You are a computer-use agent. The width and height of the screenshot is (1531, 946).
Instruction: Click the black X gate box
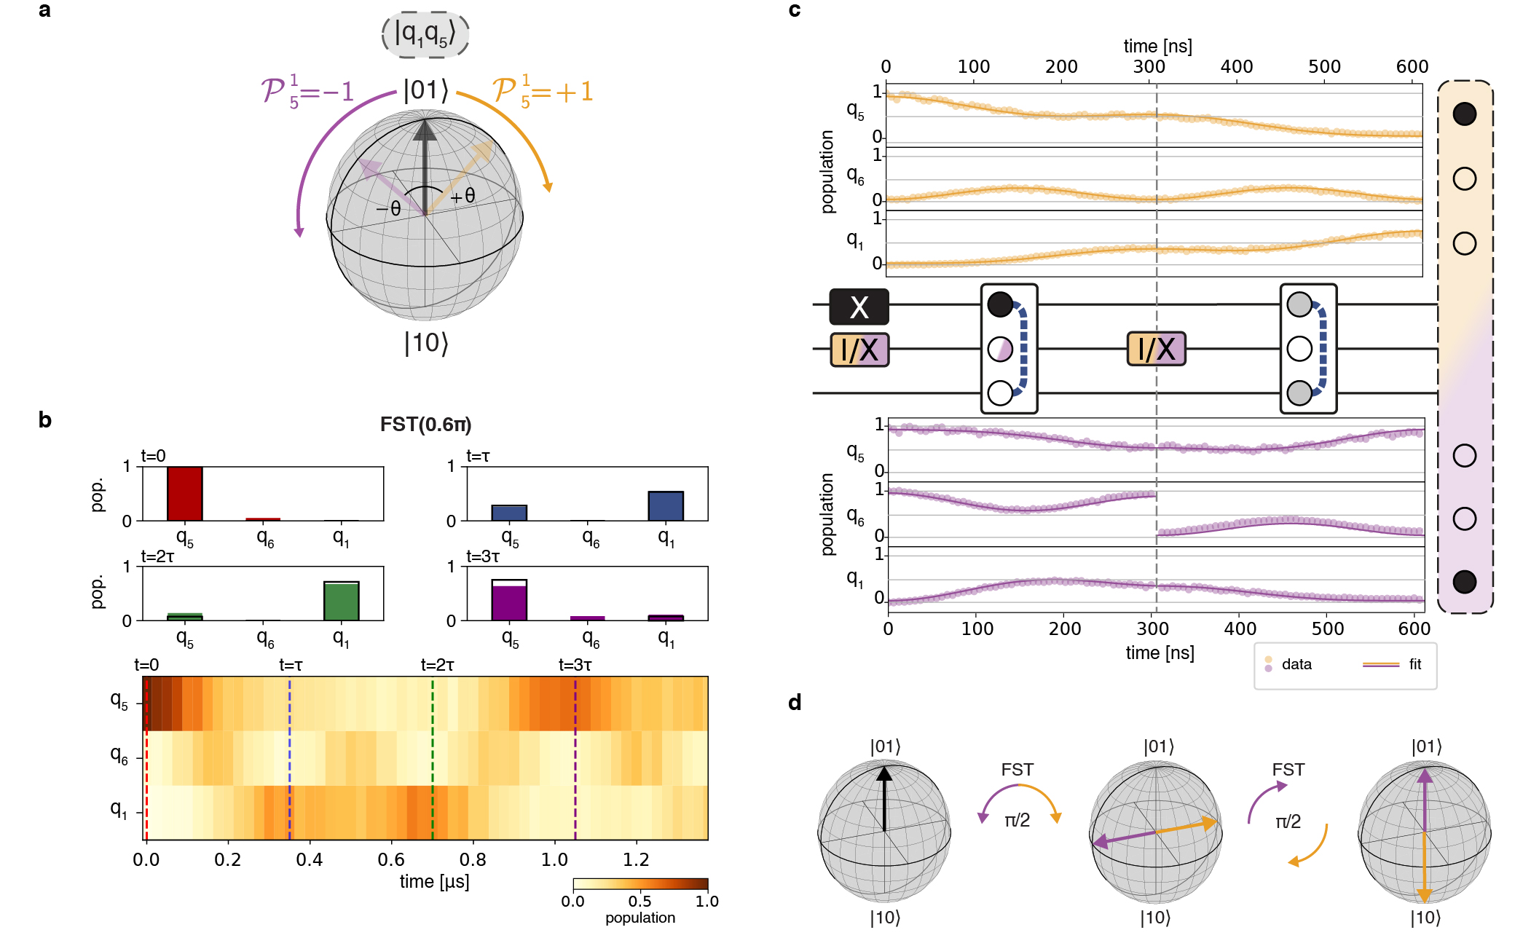[859, 307]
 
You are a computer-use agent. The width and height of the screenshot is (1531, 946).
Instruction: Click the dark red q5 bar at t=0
[185, 494]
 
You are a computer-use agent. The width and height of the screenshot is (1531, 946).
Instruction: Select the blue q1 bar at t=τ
[666, 506]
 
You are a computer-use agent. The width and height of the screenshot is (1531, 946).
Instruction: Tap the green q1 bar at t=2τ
[342, 602]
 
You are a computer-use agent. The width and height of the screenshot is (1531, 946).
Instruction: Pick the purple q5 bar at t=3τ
[509, 602]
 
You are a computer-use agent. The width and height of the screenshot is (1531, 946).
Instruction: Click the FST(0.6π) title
[425, 425]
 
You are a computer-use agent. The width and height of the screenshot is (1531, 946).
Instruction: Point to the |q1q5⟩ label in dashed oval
[425, 33]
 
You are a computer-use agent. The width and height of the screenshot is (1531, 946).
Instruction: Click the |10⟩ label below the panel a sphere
[426, 342]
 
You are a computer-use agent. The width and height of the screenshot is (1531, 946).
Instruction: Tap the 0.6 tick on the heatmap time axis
[391, 859]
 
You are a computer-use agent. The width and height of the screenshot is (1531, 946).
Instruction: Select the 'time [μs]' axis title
[434, 881]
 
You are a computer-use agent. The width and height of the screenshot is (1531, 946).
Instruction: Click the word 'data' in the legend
[1296, 664]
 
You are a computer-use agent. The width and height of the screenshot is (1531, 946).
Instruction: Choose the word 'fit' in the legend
[1414, 664]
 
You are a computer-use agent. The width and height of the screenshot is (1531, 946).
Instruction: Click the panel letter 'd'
[795, 703]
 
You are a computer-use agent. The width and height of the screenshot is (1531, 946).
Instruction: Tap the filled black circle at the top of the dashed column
[1464, 114]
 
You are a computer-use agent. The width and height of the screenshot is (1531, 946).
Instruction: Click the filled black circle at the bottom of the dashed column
[1464, 582]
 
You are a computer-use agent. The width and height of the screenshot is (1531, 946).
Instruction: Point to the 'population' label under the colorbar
[639, 918]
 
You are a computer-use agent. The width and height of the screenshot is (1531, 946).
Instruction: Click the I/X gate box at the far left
[859, 350]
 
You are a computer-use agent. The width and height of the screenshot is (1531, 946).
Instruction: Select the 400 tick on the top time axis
[1236, 67]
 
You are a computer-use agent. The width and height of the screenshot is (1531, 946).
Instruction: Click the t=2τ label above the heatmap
[437, 665]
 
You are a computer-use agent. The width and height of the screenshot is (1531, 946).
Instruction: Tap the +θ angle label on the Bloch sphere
[463, 195]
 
